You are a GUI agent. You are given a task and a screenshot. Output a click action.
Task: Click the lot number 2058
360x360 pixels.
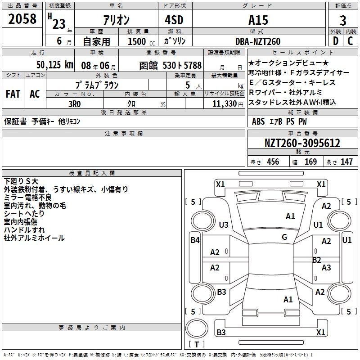pos(22,20)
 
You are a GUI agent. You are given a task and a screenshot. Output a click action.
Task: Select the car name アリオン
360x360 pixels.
pos(116,20)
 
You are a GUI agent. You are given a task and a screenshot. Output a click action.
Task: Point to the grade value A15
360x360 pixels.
pos(258,20)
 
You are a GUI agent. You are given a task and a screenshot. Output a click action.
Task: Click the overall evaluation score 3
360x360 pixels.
pos(343,21)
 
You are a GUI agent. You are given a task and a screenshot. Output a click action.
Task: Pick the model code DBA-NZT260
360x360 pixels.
pos(258,41)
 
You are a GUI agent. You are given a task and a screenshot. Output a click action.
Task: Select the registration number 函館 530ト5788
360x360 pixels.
pos(171,65)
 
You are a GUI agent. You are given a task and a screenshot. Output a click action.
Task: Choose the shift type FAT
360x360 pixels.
pos(13,94)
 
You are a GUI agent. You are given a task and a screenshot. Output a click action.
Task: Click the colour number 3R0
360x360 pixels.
pos(74,103)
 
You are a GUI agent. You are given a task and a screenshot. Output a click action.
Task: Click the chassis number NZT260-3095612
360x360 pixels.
pos(302,144)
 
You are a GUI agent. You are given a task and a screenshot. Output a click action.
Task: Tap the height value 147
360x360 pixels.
pos(346,162)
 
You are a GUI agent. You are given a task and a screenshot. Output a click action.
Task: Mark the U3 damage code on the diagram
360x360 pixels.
pos(223,225)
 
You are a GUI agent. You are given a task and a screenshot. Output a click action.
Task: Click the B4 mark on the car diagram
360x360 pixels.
pos(195,240)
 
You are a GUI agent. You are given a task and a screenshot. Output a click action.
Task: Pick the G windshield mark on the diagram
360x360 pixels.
pos(284,237)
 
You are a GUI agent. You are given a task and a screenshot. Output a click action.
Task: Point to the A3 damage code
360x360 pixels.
pos(326,268)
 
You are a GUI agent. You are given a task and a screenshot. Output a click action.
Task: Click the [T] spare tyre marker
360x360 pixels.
pos(196,344)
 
